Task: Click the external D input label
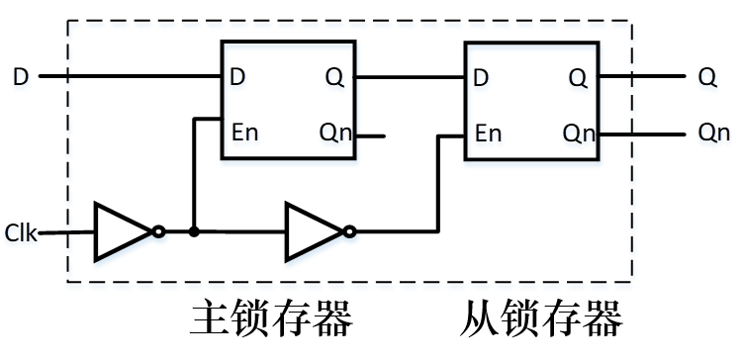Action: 20,76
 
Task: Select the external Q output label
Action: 707,76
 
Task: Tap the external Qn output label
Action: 713,133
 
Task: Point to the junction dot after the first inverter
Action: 194,232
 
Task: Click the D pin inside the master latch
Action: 238,76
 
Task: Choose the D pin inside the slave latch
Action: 482,76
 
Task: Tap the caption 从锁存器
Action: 540,318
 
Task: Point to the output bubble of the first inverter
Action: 158,232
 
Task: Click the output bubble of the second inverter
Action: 349,232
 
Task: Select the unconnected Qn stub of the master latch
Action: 370,134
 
